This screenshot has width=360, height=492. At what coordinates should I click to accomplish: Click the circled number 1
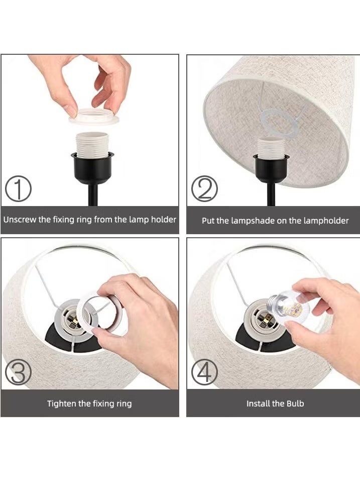(18, 188)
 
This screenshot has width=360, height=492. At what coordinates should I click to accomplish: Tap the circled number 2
(204, 188)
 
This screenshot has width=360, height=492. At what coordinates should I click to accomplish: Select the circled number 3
(18, 372)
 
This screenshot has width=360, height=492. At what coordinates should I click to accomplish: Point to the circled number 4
(204, 372)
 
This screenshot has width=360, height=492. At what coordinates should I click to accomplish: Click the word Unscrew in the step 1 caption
(20, 219)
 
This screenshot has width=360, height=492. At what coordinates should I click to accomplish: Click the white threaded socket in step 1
(92, 144)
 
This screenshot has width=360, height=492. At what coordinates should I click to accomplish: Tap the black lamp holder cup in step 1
(92, 167)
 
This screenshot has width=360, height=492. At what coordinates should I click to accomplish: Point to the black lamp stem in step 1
(93, 195)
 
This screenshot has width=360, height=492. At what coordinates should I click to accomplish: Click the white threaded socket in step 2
(271, 147)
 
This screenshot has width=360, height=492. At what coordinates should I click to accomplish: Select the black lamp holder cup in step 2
(271, 168)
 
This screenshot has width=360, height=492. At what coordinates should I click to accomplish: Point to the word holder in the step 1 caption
(164, 219)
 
